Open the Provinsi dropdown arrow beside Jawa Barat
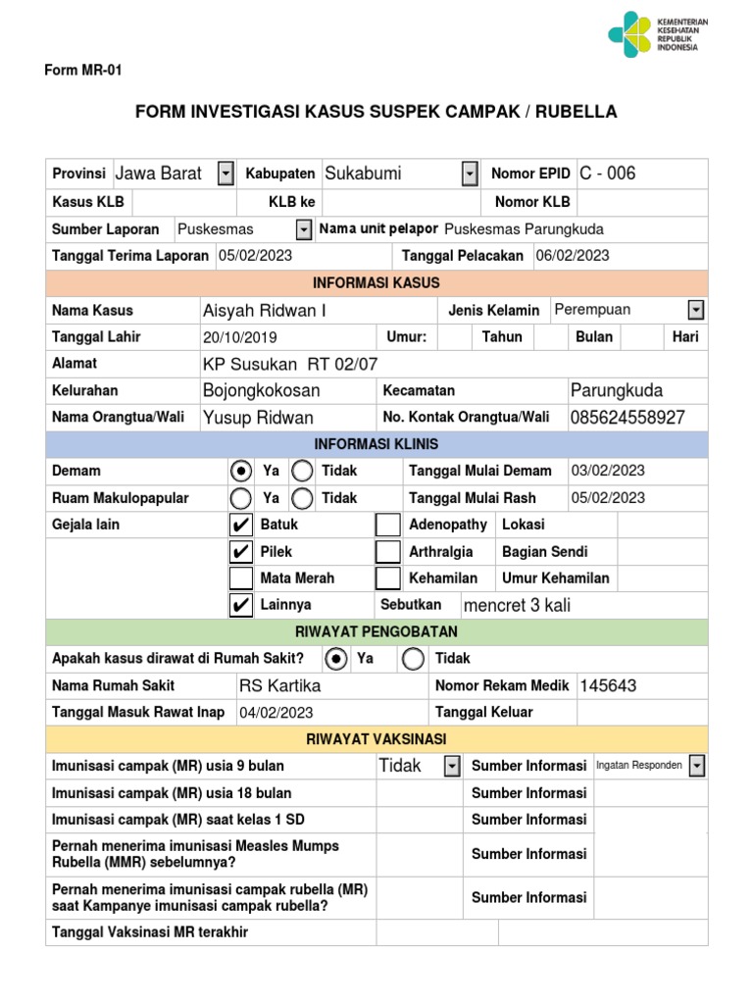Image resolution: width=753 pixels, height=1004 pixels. [x=226, y=174]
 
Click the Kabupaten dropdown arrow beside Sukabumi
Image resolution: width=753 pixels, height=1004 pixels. [x=470, y=174]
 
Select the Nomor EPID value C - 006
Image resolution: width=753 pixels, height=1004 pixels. [x=608, y=174]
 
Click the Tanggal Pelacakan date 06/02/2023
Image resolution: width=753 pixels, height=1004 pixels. [x=573, y=255]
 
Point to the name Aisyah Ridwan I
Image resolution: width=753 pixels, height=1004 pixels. [x=265, y=311]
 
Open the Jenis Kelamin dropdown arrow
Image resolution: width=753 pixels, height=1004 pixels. [x=696, y=310]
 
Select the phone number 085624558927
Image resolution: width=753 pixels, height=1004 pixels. [x=627, y=418]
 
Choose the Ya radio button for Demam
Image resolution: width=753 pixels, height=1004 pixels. [x=239, y=472]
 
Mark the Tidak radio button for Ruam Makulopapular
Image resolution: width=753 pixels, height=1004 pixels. [x=302, y=498]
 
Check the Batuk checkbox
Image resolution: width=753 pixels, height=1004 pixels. [x=239, y=526]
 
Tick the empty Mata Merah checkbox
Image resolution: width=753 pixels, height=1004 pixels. [x=239, y=578]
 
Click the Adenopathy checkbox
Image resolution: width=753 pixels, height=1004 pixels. [x=388, y=526]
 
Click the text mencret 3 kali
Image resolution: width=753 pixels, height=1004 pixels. [x=516, y=605]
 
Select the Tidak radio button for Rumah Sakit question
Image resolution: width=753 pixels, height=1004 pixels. [x=414, y=659]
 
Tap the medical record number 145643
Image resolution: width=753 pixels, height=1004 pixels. [x=608, y=685]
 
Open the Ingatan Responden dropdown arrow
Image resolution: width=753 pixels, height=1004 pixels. [x=696, y=765]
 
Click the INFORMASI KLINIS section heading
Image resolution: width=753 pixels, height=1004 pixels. [x=376, y=444]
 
